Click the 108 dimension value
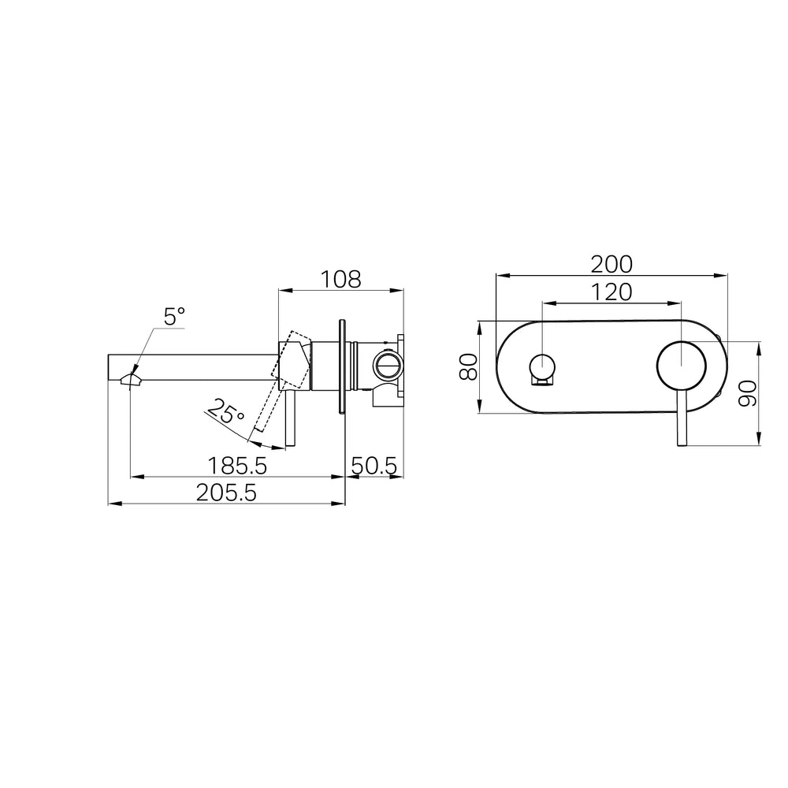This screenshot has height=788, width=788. click(340, 278)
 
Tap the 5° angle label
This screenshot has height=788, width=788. click(174, 317)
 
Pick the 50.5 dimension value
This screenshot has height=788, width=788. click(374, 466)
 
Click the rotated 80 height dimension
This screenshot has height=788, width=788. click(469, 366)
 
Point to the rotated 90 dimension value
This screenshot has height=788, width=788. click(747, 392)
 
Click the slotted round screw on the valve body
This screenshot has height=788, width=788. click(387, 366)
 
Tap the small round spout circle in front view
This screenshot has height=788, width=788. click(543, 366)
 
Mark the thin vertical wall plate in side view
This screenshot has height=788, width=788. click(342, 366)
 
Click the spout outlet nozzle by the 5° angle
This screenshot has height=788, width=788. click(131, 381)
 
